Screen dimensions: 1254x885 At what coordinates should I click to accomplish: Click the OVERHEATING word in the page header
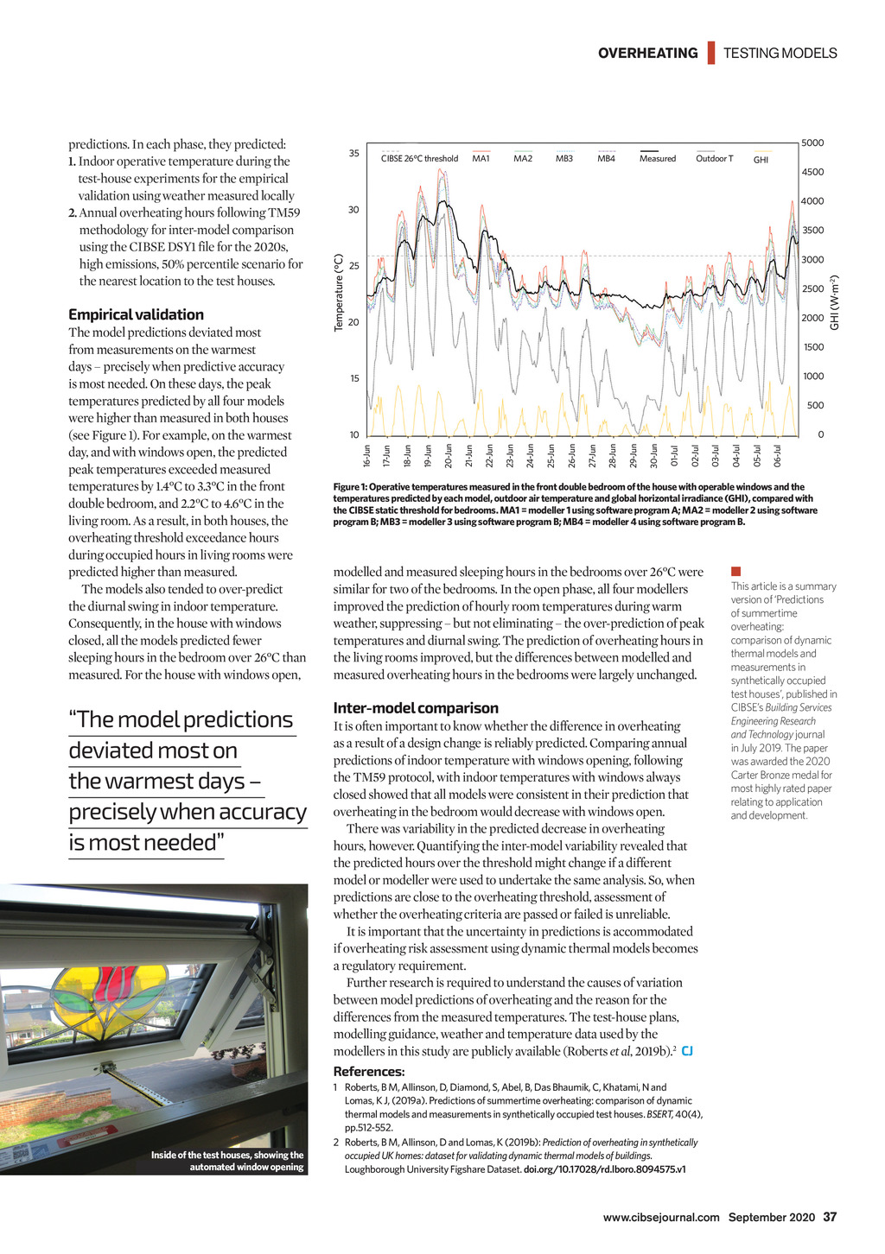pyautogui.click(x=647, y=54)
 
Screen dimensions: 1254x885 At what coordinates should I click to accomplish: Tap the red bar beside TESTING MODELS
pyautogui.click(x=711, y=53)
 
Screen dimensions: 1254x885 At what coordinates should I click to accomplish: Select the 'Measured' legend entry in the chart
pyautogui.click(x=657, y=158)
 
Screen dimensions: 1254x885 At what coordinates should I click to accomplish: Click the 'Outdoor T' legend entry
pyautogui.click(x=714, y=158)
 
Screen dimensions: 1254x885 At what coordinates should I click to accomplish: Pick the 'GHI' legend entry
pyautogui.click(x=761, y=160)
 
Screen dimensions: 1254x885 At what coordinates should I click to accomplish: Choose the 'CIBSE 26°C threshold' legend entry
pyautogui.click(x=419, y=158)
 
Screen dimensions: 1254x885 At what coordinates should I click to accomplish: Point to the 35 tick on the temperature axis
pyautogui.click(x=354, y=154)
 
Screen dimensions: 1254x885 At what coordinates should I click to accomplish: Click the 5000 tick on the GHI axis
pyautogui.click(x=812, y=143)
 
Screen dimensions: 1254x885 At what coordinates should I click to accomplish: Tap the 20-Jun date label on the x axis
pyautogui.click(x=449, y=455)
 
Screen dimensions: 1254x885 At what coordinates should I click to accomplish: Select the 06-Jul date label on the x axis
pyautogui.click(x=778, y=455)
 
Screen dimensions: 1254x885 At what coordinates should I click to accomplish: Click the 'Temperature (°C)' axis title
pyautogui.click(x=339, y=292)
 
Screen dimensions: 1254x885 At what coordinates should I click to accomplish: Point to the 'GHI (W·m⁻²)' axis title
pyautogui.click(x=835, y=302)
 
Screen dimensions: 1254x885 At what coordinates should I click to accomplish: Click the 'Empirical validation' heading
pyautogui.click(x=136, y=315)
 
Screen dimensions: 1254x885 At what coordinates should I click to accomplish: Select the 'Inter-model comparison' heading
pyautogui.click(x=416, y=708)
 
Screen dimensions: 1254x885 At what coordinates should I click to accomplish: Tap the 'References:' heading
pyautogui.click(x=369, y=1072)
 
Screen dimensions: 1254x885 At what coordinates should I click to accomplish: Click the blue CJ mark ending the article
pyautogui.click(x=687, y=1051)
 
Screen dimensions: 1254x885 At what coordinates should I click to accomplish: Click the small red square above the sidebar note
pyautogui.click(x=736, y=571)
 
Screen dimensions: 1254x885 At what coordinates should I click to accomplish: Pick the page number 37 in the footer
pyautogui.click(x=830, y=1217)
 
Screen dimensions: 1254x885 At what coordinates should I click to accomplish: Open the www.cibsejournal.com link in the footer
pyautogui.click(x=661, y=1218)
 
